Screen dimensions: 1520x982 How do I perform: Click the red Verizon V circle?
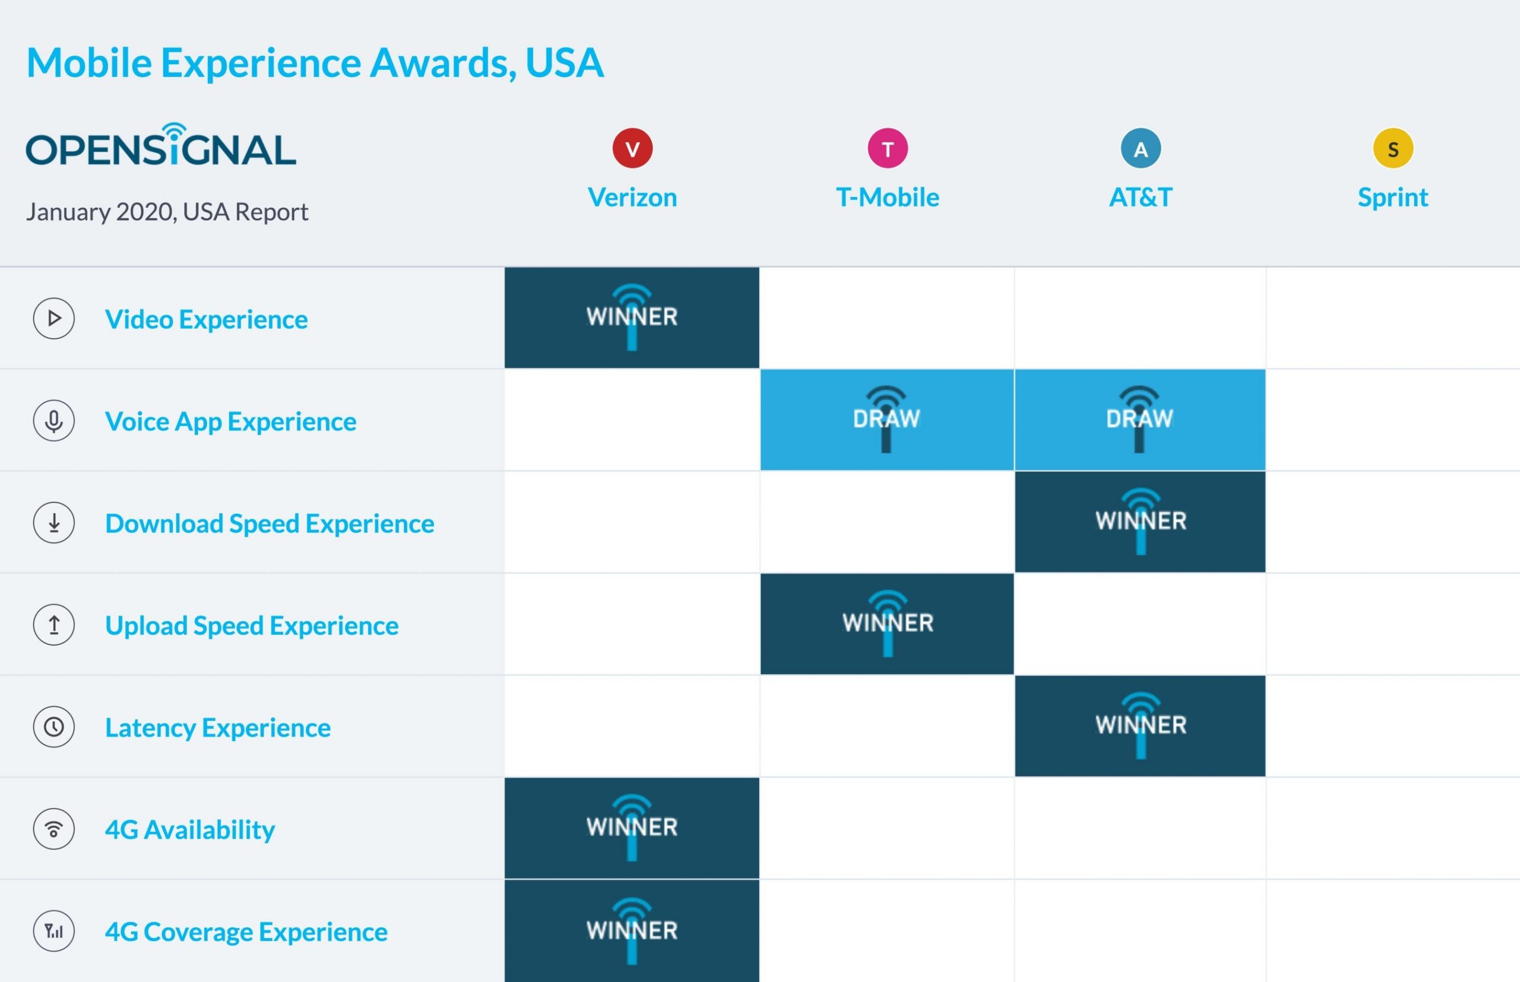(632, 148)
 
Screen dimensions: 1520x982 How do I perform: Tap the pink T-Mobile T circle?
(887, 148)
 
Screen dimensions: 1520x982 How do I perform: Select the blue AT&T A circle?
(1141, 148)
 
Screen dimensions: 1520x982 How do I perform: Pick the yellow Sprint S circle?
(1392, 148)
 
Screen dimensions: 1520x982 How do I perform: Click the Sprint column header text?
(1392, 198)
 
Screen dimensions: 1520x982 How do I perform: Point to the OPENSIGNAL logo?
(161, 145)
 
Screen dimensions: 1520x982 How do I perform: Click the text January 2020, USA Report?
(167, 212)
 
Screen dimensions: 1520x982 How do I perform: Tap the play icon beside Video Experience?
(53, 318)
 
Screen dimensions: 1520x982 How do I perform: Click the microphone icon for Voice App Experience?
(53, 420)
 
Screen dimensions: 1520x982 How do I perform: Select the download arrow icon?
(53, 522)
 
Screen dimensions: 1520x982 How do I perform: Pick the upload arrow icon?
(53, 624)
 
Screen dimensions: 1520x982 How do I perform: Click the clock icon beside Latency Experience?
(53, 726)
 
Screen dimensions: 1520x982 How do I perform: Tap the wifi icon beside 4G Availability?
(53, 828)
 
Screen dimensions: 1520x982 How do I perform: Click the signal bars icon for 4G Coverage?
(53, 931)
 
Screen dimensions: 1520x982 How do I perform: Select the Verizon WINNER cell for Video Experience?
(632, 317)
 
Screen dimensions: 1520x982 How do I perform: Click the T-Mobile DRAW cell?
(887, 420)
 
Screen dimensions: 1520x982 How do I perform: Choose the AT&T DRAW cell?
(1139, 420)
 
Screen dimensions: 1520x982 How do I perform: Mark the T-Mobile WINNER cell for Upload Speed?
(887, 624)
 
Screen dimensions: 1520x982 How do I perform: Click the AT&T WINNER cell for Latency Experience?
(1139, 726)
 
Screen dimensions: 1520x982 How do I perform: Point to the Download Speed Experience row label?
(270, 523)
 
